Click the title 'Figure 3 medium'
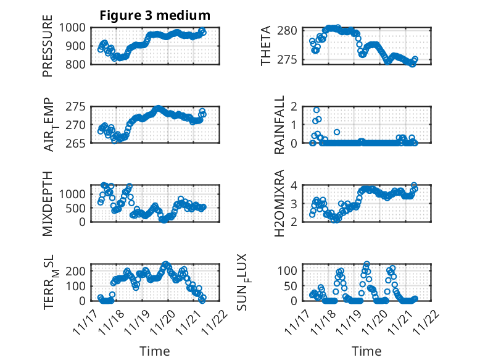pyautogui.click(x=155, y=15)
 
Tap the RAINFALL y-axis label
pyautogui.click(x=279, y=124)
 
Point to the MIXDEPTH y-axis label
pyautogui.click(x=48, y=203)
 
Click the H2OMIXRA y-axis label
pyautogui.click(x=279, y=203)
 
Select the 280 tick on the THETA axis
pyautogui.click(x=291, y=30)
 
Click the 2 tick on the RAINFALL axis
pyautogui.click(x=297, y=106)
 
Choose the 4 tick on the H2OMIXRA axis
pyautogui.click(x=297, y=185)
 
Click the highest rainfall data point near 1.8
pyautogui.click(x=317, y=110)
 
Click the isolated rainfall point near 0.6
pyautogui.click(x=337, y=132)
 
